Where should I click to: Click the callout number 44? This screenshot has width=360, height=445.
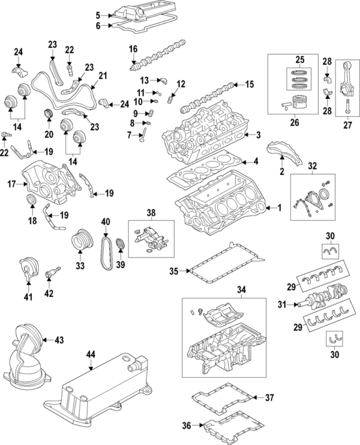91,355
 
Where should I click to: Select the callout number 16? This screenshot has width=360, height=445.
133,48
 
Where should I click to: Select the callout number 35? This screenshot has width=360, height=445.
173,271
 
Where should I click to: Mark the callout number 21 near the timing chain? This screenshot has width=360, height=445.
102,76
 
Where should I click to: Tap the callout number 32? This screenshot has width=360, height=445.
311,166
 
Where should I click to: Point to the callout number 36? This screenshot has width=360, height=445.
187,425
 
